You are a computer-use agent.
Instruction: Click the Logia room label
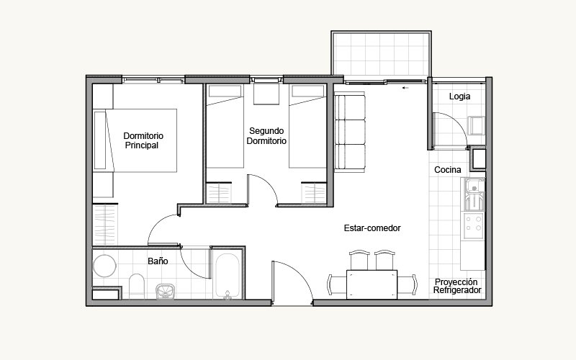tap(459, 96)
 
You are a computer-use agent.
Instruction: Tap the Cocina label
tap(447, 170)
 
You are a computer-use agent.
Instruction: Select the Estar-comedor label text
tap(372, 228)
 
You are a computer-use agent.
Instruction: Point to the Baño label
tap(158, 261)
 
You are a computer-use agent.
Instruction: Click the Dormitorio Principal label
tap(143, 140)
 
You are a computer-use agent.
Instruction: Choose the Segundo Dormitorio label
tap(266, 136)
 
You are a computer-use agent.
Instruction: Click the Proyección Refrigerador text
tap(457, 286)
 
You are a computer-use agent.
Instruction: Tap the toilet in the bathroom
tap(137, 286)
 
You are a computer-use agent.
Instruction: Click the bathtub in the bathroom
tap(228, 276)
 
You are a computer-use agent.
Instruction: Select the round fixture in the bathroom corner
tap(104, 266)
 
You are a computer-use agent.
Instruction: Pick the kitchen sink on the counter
tap(474, 194)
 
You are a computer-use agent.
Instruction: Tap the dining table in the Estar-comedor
tap(372, 284)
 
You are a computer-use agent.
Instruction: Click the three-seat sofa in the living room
tap(350, 132)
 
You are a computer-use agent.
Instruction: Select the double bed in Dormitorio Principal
tap(135, 140)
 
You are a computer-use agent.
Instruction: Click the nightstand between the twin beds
tap(266, 94)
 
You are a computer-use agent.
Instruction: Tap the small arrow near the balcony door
tap(405, 88)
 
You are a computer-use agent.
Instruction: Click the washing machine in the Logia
tap(477, 125)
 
